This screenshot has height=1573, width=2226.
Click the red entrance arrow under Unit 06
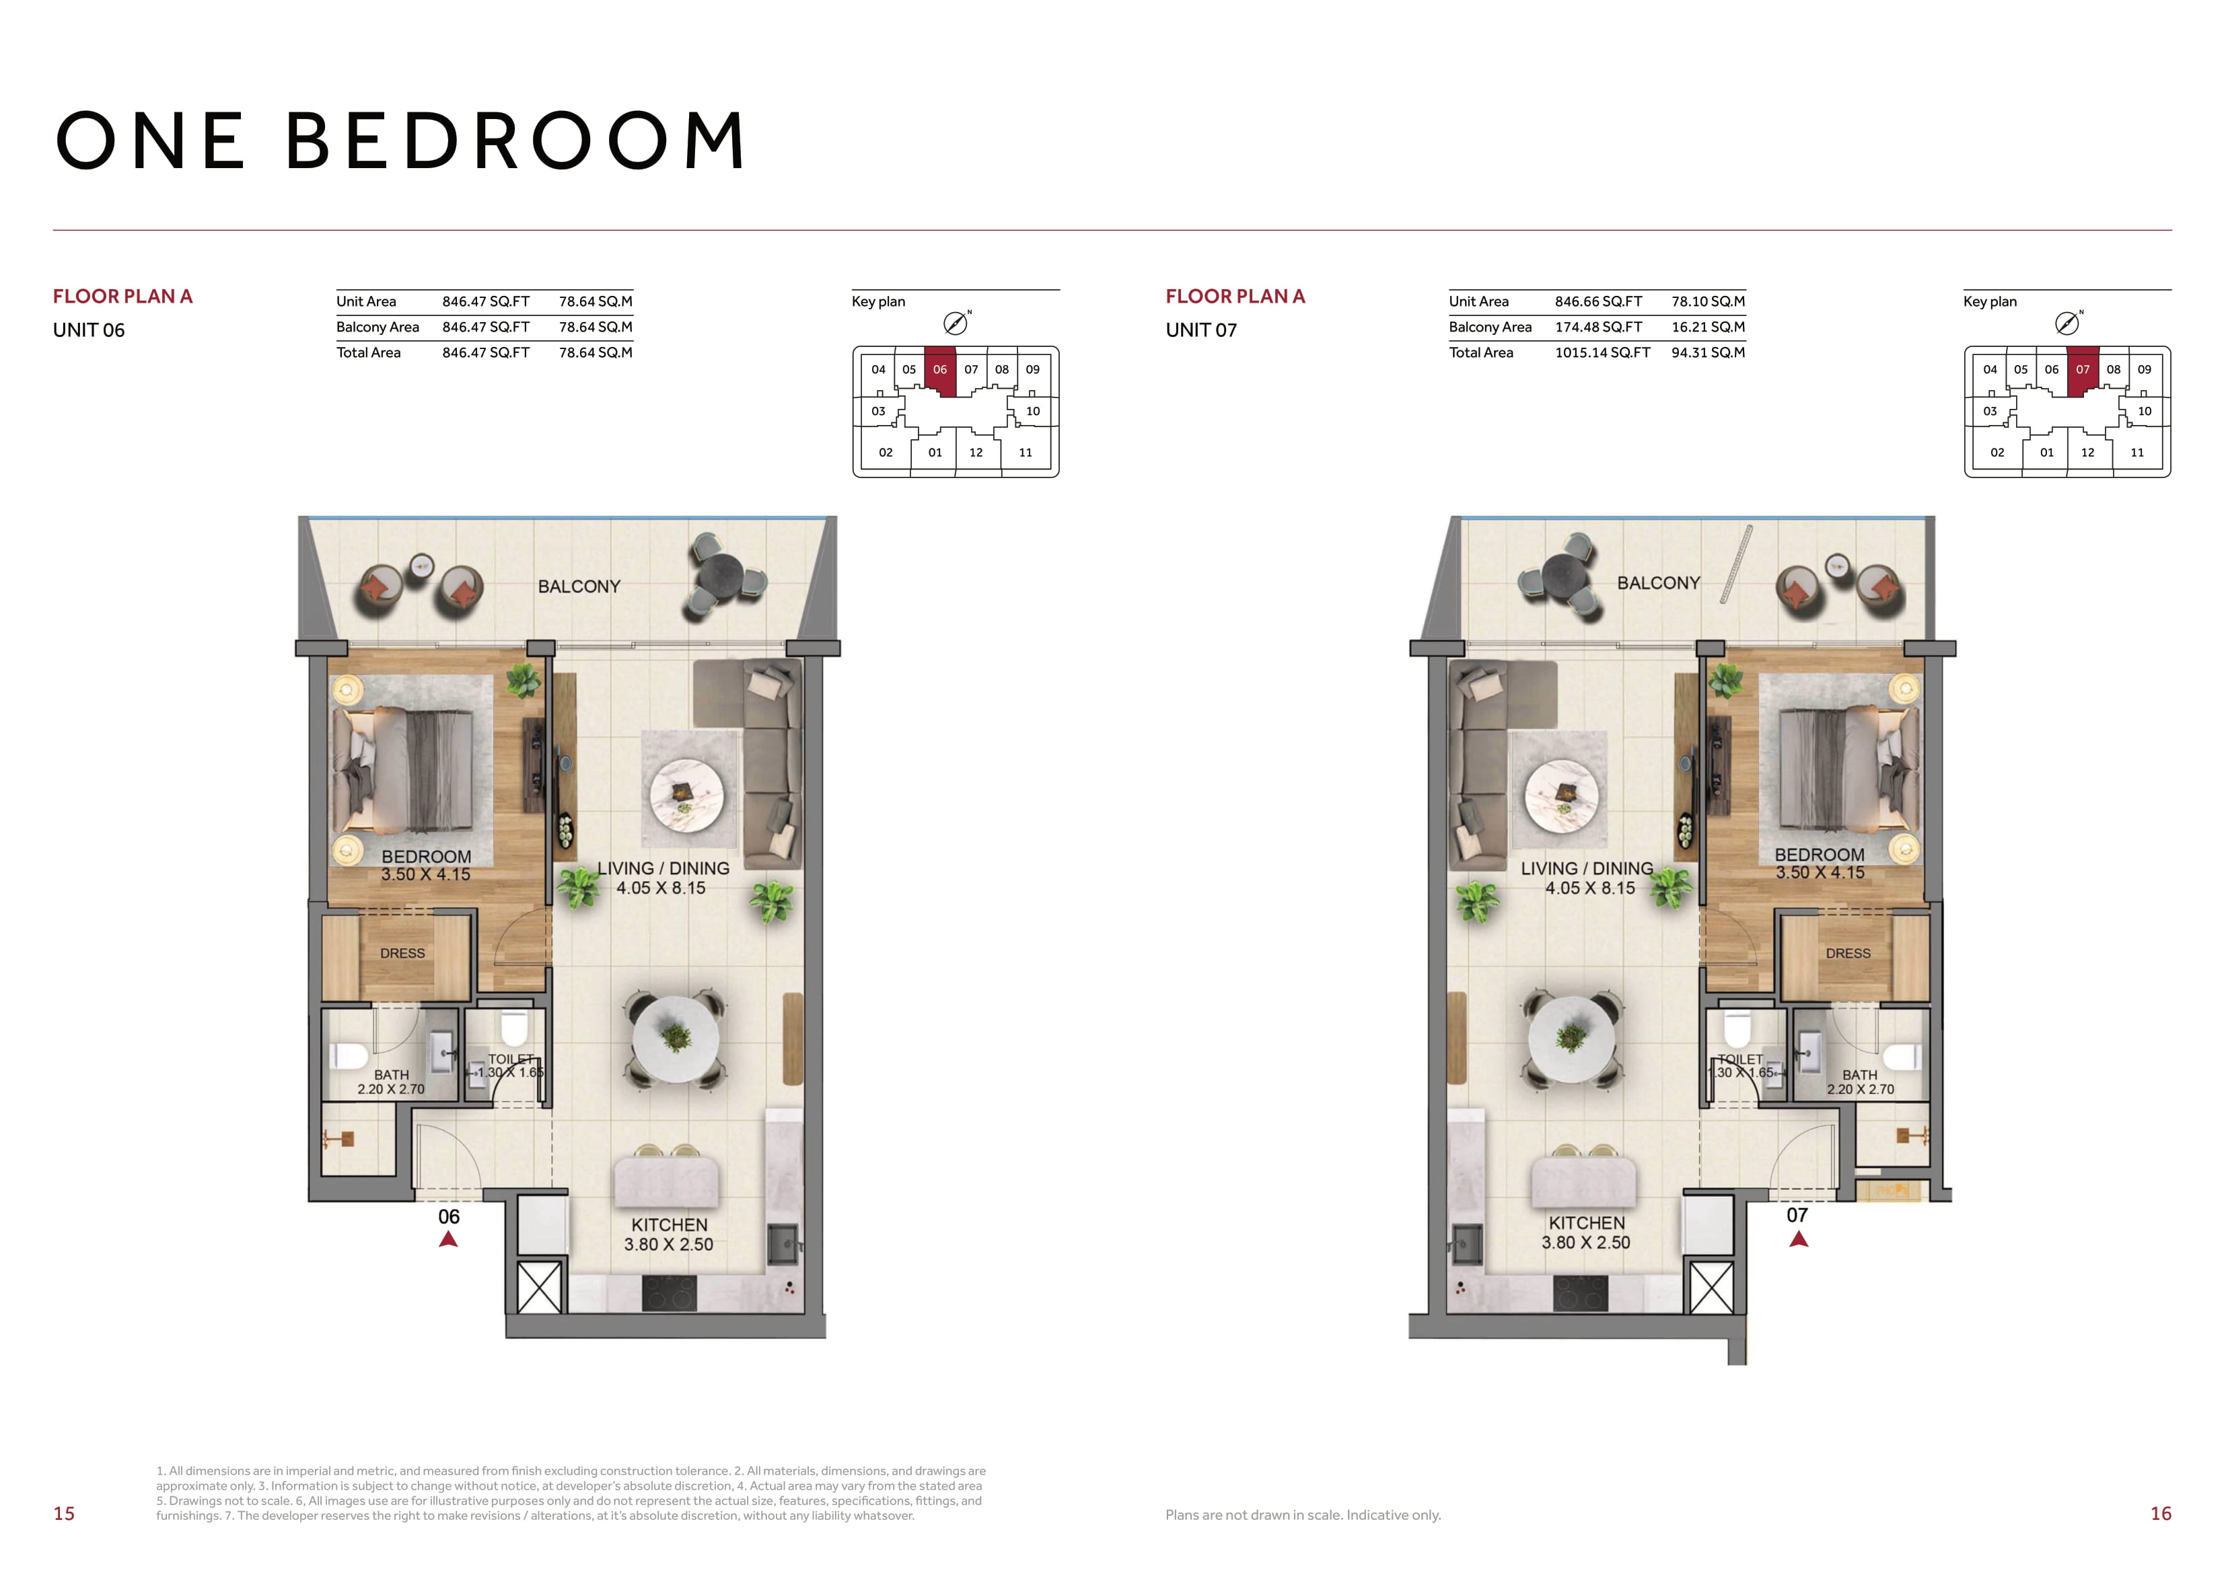(x=448, y=1239)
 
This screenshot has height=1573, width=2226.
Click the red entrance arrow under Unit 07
(x=1799, y=1239)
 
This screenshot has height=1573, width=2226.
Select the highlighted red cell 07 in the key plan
(x=2083, y=371)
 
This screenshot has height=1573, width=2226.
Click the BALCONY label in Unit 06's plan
(x=579, y=586)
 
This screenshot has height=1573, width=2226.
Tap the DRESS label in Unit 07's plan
(x=1848, y=954)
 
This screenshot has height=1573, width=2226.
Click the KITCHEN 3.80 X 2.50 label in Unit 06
(x=669, y=1235)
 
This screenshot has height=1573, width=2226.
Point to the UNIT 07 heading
(x=1201, y=330)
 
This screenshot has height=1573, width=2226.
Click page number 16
(x=2161, y=1514)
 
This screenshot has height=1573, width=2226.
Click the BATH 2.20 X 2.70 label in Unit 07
(x=1859, y=1081)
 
